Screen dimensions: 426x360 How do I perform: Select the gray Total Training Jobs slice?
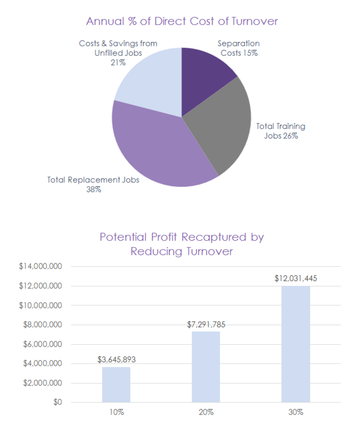pyautogui.click(x=223, y=127)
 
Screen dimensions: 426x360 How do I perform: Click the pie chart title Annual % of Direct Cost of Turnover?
pyautogui.click(x=182, y=21)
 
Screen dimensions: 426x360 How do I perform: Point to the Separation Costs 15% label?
pyautogui.click(x=239, y=48)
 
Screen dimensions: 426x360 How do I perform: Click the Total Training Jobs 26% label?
pyautogui.click(x=280, y=131)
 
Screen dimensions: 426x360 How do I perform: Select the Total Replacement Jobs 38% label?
pyautogui.click(x=93, y=184)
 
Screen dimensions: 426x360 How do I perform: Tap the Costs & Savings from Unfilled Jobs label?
pyautogui.click(x=118, y=53)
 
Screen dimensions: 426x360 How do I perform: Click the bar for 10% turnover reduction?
pyautogui.click(x=116, y=385)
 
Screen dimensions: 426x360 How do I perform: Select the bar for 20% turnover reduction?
pyautogui.click(x=206, y=367)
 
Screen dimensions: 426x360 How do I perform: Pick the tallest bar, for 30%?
pyautogui.click(x=296, y=344)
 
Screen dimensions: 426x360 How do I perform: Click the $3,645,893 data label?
pyautogui.click(x=116, y=360)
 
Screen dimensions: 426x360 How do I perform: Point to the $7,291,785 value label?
pyautogui.click(x=206, y=324)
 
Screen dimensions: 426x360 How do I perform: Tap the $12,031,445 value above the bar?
pyautogui.click(x=296, y=278)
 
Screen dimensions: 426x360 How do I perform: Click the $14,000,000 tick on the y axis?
pyautogui.click(x=40, y=266)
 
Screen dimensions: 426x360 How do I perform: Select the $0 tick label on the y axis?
pyautogui.click(x=57, y=402)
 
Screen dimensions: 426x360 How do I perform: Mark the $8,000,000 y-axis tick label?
pyautogui.click(x=42, y=324)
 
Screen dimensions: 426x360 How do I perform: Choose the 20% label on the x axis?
pyautogui.click(x=206, y=412)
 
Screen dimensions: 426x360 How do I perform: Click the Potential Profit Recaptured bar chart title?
pyautogui.click(x=182, y=244)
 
